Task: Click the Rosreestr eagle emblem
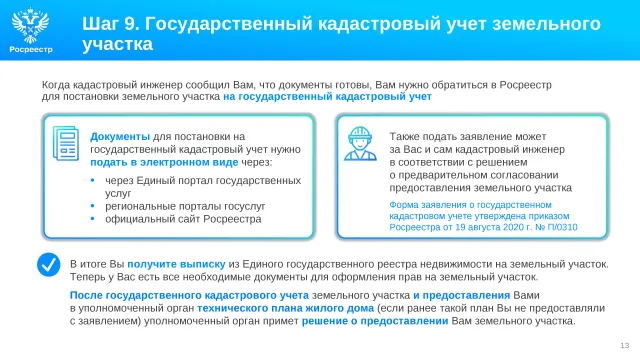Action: [30, 25]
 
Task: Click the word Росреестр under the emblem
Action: [31, 49]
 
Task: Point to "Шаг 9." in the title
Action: [111, 24]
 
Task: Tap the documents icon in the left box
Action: [66, 143]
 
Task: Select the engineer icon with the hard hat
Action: [360, 143]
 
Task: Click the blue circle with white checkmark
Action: [49, 264]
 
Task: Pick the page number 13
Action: [624, 345]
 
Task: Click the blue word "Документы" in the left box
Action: [120, 137]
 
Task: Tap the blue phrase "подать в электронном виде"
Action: [164, 162]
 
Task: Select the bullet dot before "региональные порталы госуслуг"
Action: [93, 206]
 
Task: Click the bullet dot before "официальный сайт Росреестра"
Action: [93, 219]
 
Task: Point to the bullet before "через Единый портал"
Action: [93, 180]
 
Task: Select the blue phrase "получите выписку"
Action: [176, 264]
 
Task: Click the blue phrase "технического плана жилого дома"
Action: [286, 308]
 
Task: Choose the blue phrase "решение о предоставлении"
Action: [375, 321]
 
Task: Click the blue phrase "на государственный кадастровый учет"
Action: [327, 97]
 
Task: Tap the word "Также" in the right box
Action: [404, 136]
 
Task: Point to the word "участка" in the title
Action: [118, 44]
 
